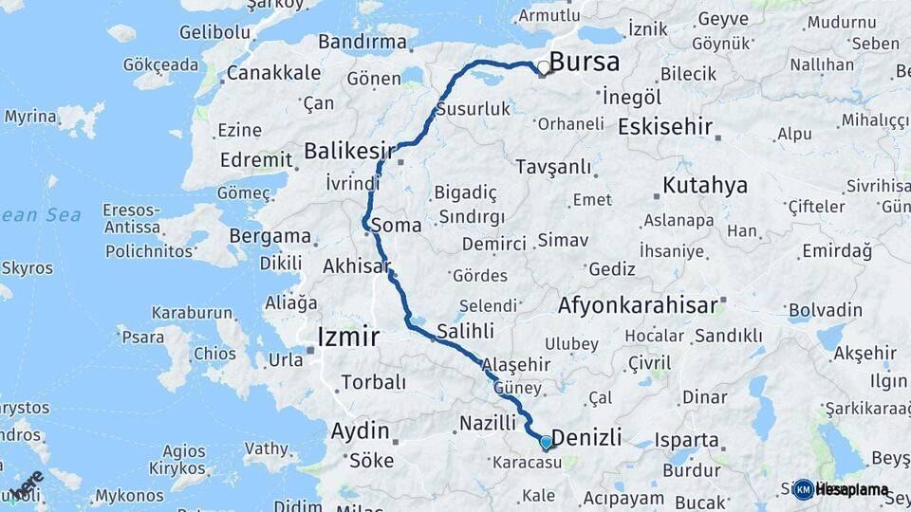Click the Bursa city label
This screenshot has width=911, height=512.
585,64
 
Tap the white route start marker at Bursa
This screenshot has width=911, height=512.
543,67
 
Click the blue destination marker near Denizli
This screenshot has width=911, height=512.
546,442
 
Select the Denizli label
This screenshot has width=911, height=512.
586,437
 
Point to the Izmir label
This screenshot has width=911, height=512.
347,337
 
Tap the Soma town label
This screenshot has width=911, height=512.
396,226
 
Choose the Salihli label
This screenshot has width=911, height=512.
465,331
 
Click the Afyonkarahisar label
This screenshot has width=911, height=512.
636,306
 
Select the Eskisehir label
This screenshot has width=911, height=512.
664,126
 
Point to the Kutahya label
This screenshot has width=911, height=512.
705,185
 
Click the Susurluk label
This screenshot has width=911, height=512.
473,110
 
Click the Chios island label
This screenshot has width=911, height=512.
214,354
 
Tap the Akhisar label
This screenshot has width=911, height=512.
356,266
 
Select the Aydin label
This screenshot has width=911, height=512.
360,431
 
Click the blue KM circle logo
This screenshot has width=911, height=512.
803,489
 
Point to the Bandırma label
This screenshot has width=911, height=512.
362,42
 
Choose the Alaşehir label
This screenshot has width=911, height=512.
515,365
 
